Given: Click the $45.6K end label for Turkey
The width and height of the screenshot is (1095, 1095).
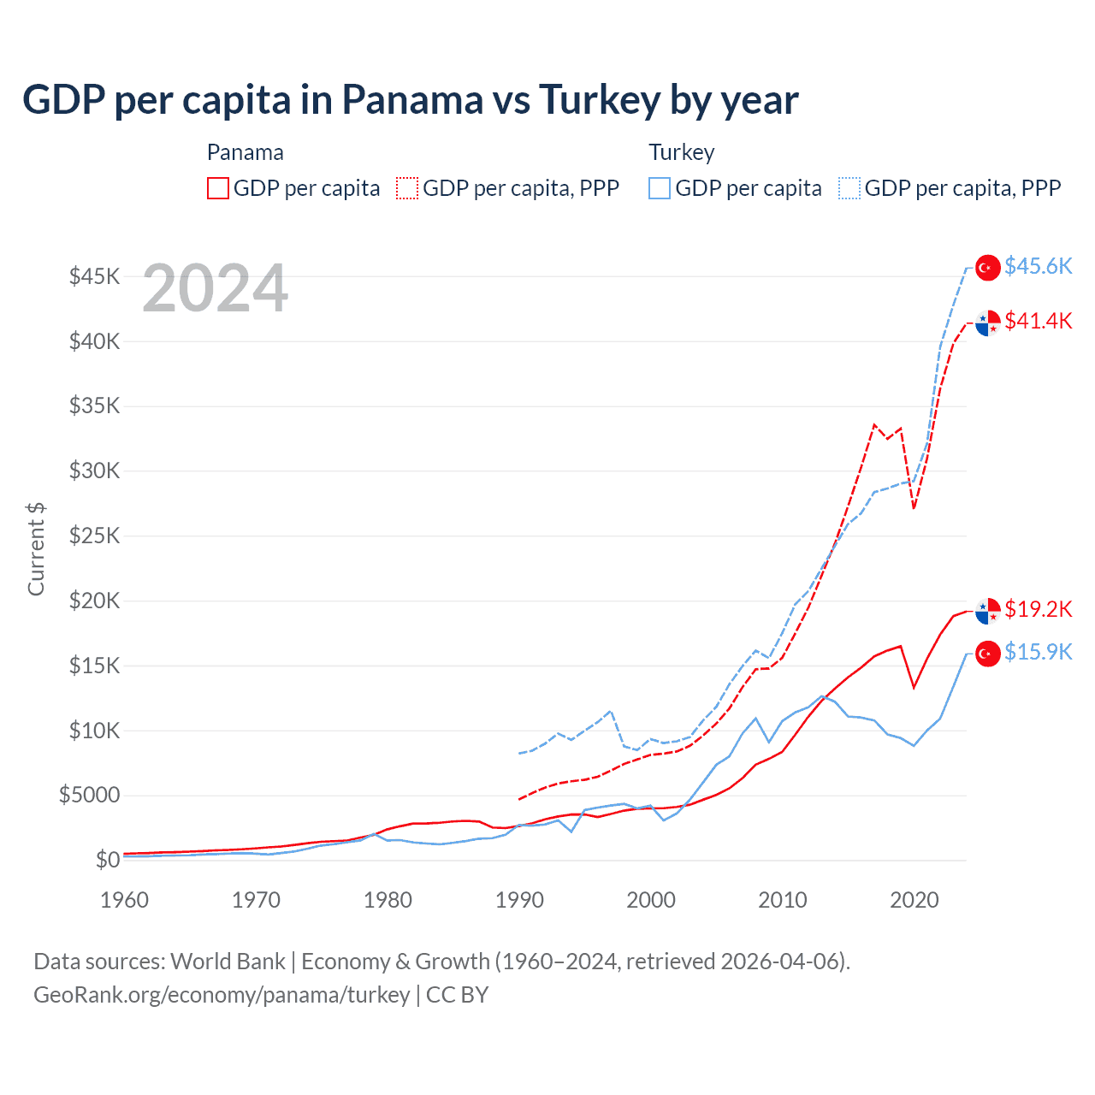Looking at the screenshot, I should [x=1038, y=266].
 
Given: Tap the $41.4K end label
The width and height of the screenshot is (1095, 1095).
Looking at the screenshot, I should [x=1038, y=321].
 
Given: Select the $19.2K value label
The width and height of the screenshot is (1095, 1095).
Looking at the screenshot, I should [x=1038, y=609].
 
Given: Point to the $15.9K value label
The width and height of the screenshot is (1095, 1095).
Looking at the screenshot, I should [x=1038, y=652].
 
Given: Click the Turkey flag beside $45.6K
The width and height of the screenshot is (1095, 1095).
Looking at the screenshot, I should [x=988, y=268].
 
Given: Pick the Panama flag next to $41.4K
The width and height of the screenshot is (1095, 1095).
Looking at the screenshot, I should [x=988, y=323].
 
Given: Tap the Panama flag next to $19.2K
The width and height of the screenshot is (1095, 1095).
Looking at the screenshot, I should [x=988, y=611].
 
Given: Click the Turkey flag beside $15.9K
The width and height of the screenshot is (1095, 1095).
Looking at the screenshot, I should [x=988, y=654].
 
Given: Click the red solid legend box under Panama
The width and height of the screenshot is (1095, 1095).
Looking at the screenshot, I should [x=218, y=188].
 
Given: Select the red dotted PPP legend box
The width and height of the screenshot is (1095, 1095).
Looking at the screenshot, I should [x=407, y=188].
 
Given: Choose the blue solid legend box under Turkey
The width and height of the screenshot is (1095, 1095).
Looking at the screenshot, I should [x=660, y=188].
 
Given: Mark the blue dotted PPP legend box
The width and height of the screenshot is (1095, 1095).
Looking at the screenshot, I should [x=849, y=188].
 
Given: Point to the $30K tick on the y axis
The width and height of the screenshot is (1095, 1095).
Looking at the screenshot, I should [x=95, y=471].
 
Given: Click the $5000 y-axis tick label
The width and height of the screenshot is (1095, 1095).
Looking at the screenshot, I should [x=89, y=795].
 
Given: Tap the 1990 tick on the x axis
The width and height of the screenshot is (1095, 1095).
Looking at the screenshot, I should [x=519, y=900].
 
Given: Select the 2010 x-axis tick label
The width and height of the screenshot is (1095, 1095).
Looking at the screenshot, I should [x=783, y=900].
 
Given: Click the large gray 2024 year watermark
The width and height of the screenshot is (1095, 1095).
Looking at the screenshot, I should [x=215, y=288].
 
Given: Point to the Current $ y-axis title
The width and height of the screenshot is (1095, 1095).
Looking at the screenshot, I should [x=36, y=548].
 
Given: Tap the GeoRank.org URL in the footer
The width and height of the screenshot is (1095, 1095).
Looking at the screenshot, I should [x=222, y=995].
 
